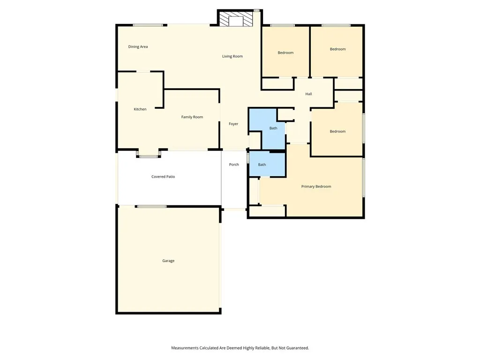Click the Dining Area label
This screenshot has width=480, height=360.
coord(138,47)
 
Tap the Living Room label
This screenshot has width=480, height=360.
coord(232,56)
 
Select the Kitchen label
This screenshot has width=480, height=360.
coord(140,109)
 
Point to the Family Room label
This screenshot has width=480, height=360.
coord(192,117)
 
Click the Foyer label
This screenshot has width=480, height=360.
coord(233,124)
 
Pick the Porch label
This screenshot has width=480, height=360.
coord(234,165)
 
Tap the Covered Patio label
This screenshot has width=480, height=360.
coord(163,177)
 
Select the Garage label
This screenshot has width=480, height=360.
coord(168,261)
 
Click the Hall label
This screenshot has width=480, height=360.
coord(308,94)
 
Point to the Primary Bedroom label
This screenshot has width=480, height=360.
coord(316,187)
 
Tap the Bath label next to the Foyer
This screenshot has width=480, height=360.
coord(273,128)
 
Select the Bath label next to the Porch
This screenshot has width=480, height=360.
coord(262,165)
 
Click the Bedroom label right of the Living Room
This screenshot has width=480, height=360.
coord(285,52)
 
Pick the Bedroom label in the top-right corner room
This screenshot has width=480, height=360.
coord(337,49)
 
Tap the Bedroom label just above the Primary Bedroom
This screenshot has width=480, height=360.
coord(337,131)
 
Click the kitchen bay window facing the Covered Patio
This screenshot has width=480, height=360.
coord(149,156)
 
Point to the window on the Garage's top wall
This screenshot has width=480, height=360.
coord(152,206)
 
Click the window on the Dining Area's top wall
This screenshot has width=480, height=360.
coord(148,25)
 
